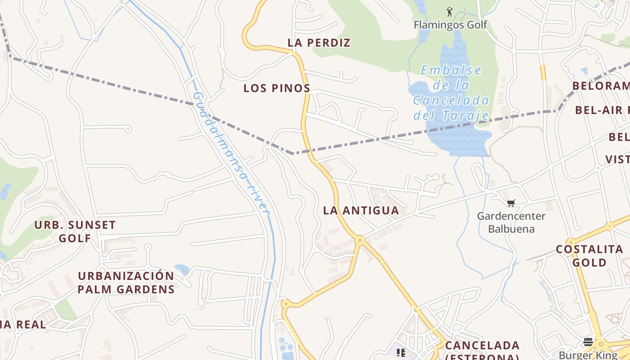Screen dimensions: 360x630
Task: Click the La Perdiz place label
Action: point(319,43)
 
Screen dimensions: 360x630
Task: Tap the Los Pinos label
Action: point(277,88)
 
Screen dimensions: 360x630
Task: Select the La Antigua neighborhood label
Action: point(361,211)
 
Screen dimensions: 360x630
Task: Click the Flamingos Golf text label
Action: point(450,25)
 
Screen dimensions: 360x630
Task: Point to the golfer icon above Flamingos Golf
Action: point(449,11)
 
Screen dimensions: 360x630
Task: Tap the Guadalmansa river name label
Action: point(231,153)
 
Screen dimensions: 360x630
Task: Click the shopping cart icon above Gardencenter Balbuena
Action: point(511,203)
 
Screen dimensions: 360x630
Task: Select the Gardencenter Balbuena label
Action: point(511,222)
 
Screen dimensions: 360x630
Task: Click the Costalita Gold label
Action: point(589,256)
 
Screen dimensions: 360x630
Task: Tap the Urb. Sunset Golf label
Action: point(75,231)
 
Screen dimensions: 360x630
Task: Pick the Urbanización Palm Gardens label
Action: point(126,283)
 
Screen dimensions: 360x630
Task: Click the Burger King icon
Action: point(588,342)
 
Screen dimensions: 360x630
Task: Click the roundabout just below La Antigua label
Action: point(359,241)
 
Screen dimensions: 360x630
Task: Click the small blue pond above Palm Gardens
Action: point(182,270)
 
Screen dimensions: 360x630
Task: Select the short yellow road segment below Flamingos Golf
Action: point(543,72)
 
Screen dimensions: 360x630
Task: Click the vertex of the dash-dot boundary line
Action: point(293,153)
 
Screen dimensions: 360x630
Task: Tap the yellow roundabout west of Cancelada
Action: point(285,304)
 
